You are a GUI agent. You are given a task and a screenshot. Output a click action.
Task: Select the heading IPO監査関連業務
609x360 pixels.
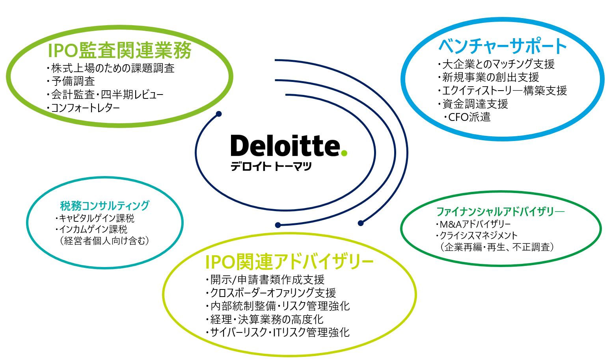[119, 50]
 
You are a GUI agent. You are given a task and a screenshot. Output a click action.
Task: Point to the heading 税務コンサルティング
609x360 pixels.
[105, 206]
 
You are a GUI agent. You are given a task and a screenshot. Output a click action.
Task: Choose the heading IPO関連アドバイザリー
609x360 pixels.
[289, 262]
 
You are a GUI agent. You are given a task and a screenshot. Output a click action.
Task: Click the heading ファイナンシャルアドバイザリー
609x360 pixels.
[501, 212]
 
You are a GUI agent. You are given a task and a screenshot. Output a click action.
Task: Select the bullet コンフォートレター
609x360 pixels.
[83, 108]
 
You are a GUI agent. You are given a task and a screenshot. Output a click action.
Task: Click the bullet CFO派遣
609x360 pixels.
[467, 117]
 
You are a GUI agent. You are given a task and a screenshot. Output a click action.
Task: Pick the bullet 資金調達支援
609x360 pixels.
[473, 104]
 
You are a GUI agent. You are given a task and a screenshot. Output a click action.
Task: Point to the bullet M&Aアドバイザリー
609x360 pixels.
[473, 224]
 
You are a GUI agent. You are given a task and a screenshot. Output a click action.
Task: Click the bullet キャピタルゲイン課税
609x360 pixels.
[95, 218]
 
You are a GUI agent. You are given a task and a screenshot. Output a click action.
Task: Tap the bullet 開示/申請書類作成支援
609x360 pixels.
[265, 280]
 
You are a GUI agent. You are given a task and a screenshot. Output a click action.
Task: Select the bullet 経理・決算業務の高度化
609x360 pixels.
[264, 319]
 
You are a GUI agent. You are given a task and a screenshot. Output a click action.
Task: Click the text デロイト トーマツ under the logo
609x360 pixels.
[271, 166]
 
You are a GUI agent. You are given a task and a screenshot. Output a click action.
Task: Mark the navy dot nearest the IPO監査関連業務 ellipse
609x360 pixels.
[219, 114]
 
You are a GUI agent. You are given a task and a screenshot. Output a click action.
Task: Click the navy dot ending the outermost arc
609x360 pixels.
[361, 223]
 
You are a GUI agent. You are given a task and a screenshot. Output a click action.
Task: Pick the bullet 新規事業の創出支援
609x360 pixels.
[488, 78]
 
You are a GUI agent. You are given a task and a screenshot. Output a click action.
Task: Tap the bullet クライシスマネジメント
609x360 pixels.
[477, 235]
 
